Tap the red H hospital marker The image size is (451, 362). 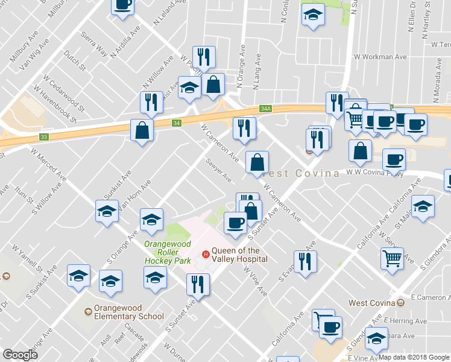206,255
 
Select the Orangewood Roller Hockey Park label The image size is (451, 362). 168,252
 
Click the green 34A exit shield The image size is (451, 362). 266,109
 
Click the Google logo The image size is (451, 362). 20,355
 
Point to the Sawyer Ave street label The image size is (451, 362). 218,170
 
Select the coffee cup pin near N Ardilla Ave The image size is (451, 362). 122,5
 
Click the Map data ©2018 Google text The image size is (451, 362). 414,357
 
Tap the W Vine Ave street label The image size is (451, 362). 256,281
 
